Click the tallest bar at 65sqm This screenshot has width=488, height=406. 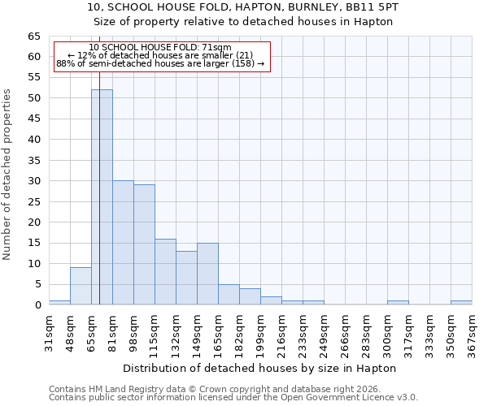pyautogui.click(x=102, y=197)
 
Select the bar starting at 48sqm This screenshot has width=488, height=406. pyautogui.click(x=81, y=286)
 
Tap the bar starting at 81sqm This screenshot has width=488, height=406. pyautogui.click(x=123, y=243)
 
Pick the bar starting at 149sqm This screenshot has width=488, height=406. pyautogui.click(x=207, y=274)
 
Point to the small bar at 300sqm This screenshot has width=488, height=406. pyautogui.click(x=398, y=303)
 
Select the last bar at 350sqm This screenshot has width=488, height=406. pyautogui.click(x=461, y=303)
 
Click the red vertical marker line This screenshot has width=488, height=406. pyautogui.click(x=99, y=162)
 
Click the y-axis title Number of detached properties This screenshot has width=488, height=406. pyautogui.click(x=8, y=175)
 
